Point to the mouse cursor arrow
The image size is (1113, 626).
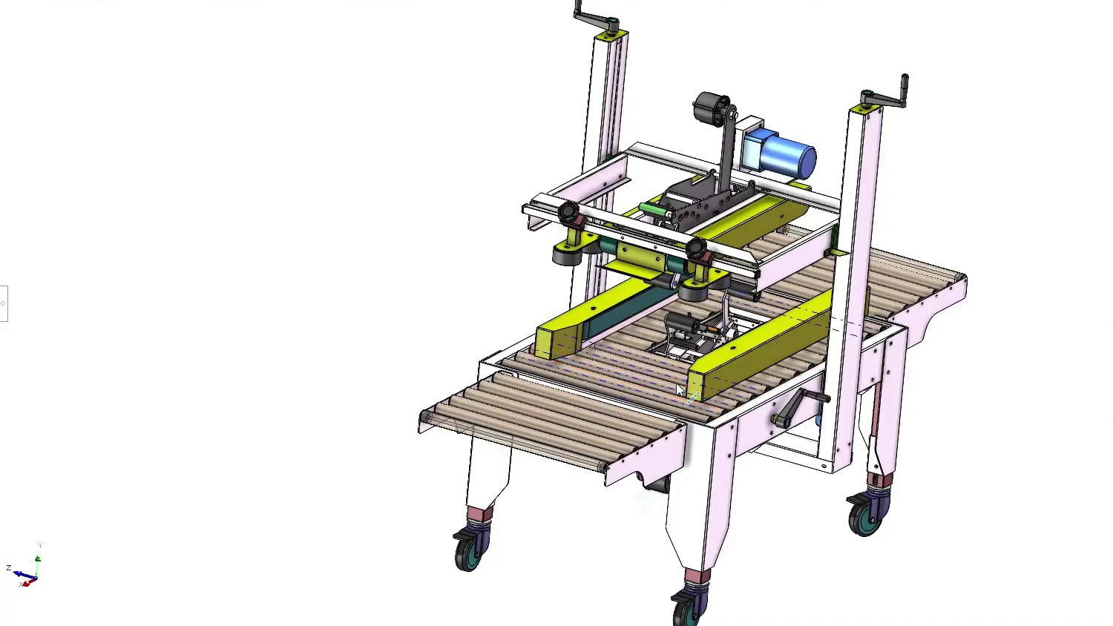680,390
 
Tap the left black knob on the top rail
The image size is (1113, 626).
569,214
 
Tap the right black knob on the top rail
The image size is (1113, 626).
697,248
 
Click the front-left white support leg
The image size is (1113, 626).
486,475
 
